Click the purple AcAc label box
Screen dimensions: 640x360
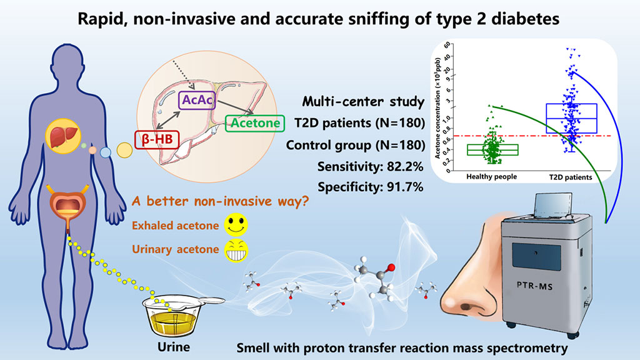197,100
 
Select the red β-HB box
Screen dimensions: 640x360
157,139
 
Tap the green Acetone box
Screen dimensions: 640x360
255,123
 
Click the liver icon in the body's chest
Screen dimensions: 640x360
64,136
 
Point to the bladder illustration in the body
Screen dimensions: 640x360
67,206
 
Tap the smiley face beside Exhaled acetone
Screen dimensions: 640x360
236,224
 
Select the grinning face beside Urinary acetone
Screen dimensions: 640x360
236,250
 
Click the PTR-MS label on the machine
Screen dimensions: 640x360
535,285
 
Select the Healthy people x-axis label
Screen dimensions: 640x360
491,177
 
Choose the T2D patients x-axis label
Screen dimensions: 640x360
570,177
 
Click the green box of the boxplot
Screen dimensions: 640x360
492,150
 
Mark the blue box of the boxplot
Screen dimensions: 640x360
571,118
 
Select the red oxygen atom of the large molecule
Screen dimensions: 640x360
391,267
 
